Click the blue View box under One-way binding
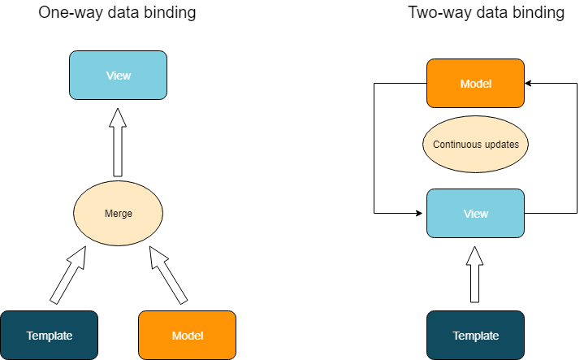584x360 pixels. pos(118,76)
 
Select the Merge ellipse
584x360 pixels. pos(119,214)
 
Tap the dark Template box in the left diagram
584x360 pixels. pos(50,335)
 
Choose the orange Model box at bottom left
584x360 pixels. pos(188,335)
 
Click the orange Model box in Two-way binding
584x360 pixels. pos(475,83)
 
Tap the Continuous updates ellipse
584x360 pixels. pos(476,145)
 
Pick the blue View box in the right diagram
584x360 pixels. pos(475,213)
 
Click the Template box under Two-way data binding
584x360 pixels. pos(475,335)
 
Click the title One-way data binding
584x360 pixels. pos(117,13)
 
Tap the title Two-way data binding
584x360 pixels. pos(486,13)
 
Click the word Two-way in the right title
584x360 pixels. pos(436,13)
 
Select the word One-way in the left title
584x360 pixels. pos(67,13)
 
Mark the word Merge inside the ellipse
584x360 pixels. pos(119,214)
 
